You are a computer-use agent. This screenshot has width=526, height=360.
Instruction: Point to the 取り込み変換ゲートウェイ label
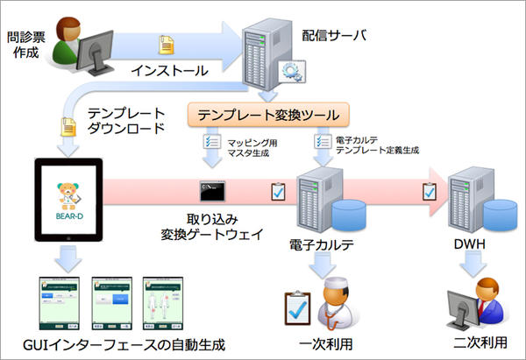(206, 225)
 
